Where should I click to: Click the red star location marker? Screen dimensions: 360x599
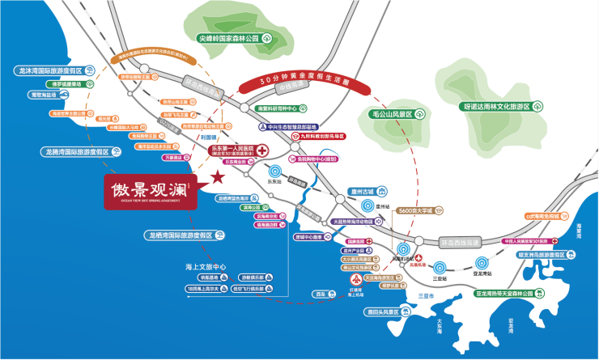click(x=216, y=177)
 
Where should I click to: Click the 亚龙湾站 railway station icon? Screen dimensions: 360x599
click(x=482, y=261)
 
